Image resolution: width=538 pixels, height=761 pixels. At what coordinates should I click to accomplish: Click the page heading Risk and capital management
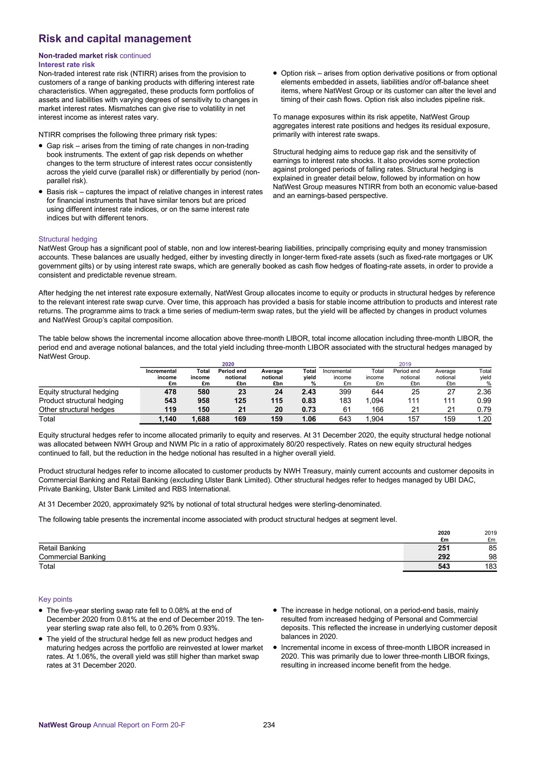tap(115, 38)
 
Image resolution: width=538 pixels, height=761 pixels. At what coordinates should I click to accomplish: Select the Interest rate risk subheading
tap(67, 65)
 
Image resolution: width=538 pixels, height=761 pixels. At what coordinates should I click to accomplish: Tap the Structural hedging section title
tap(68, 239)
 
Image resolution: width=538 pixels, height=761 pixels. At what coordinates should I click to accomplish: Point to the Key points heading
tap(55, 599)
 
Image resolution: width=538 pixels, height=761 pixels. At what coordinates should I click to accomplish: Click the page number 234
tap(269, 725)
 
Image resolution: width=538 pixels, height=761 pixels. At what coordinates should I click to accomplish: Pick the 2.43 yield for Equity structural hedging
tap(309, 392)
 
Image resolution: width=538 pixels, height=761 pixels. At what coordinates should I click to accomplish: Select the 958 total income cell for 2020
tap(203, 401)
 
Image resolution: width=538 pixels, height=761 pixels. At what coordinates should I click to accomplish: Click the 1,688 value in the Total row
tap(201, 419)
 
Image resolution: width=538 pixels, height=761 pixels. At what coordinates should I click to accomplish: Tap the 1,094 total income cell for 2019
tap(375, 401)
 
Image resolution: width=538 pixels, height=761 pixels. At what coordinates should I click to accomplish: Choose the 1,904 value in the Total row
tap(375, 419)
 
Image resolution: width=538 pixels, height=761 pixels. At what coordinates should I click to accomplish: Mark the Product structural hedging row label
tap(81, 401)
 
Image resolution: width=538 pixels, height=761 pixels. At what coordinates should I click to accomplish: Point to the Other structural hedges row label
tap(77, 410)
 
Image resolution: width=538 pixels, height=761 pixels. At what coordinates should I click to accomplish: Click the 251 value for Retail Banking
tap(444, 548)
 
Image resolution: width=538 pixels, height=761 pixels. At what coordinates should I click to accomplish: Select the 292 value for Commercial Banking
tap(444, 557)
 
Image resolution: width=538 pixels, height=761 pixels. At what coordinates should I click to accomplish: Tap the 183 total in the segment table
tap(490, 566)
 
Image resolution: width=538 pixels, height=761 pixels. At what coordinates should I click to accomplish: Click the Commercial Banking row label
tap(72, 557)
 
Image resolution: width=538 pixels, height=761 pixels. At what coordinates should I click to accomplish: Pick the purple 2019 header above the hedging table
tap(405, 364)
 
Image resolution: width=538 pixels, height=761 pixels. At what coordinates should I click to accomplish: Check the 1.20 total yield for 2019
tap(484, 419)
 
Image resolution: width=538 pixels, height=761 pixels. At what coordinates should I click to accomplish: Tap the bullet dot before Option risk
tap(275, 74)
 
